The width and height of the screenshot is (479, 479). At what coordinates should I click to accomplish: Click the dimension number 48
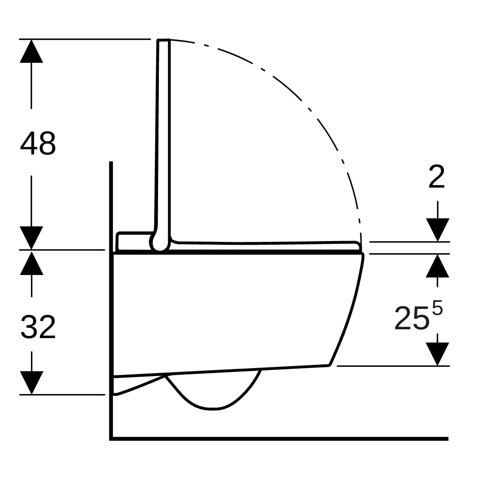[x=38, y=143]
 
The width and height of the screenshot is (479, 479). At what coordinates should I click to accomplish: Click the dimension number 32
[x=38, y=327]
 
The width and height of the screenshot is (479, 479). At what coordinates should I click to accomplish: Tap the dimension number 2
[x=437, y=177]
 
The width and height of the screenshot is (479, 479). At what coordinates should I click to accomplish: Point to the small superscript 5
[x=437, y=308]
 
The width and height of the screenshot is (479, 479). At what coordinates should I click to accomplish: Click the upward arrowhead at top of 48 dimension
[x=31, y=51]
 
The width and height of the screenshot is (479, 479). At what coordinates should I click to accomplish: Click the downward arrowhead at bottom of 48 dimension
[x=31, y=238]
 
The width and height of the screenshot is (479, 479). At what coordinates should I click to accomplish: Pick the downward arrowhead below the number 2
[x=437, y=230]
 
